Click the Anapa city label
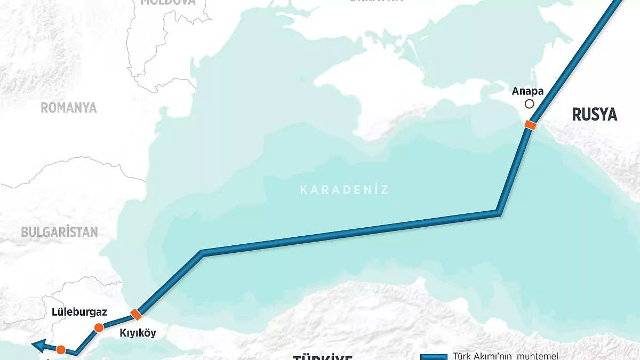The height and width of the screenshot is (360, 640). coord(528,91)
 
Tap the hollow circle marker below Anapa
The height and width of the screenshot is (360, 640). coord(529,105)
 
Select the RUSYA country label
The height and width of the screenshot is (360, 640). coord(594,114)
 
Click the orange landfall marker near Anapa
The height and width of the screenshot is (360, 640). coord(530,125)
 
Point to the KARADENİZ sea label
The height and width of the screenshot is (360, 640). coord(344,189)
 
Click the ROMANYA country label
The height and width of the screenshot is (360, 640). coord(69,108)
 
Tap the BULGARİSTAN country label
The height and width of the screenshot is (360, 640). coord(59,232)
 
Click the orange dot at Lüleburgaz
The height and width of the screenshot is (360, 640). coord(98,327)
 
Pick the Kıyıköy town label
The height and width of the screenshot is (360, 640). coord(138,333)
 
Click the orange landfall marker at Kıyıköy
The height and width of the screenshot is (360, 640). coord(136,314)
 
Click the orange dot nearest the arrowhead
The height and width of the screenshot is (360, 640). coord(61,350)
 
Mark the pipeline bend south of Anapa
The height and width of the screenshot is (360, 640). coord(499,212)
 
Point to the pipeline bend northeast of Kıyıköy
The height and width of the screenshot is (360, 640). coord(202,252)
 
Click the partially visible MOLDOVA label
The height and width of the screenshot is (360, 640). coord(168,2)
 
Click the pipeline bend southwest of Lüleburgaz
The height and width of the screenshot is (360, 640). coord(77,352)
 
